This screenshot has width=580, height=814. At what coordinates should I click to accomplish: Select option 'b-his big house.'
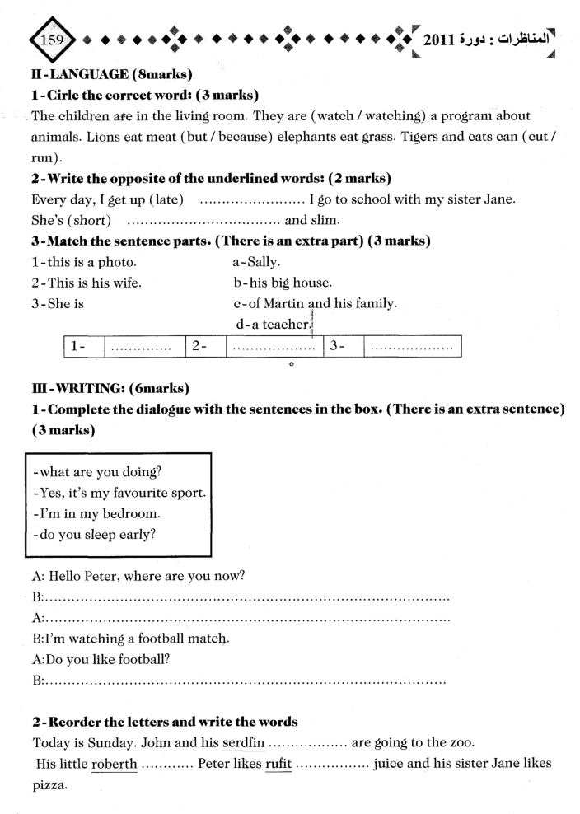(x=283, y=283)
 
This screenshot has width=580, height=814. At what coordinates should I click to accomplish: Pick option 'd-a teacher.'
(x=271, y=325)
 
